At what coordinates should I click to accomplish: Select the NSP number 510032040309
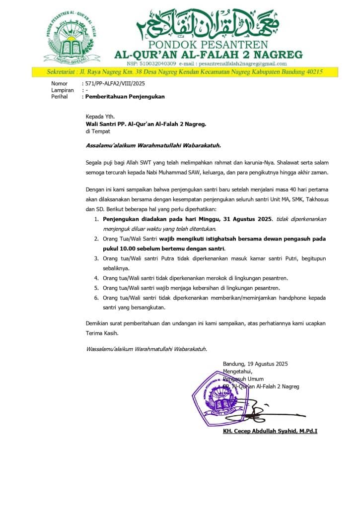tap(158, 63)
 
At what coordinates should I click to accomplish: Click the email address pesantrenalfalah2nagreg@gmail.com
tap(243, 63)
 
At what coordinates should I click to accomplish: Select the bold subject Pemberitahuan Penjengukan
tap(125, 97)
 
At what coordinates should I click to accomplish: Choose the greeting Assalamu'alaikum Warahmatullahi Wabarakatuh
tap(153, 145)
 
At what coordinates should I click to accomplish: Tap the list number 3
tap(96, 258)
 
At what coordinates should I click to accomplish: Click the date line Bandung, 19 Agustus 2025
tap(255, 364)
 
